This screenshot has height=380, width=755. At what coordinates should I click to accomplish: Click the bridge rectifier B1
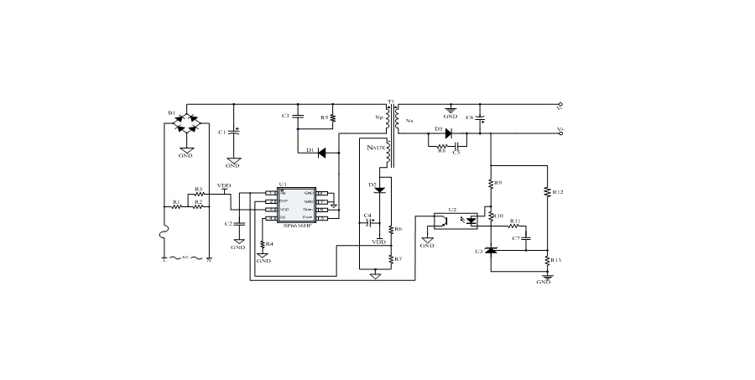pyautogui.click(x=186, y=123)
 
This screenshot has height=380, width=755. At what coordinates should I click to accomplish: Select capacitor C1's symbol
pyautogui.click(x=234, y=132)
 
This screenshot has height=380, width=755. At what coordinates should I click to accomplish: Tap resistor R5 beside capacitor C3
pyautogui.click(x=334, y=117)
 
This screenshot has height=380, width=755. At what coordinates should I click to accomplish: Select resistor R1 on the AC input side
pyautogui.click(x=177, y=206)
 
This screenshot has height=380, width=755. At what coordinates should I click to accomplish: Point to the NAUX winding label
pyautogui.click(x=377, y=147)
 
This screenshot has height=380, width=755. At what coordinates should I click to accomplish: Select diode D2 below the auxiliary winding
pyautogui.click(x=379, y=190)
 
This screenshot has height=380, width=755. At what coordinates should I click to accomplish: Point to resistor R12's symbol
pyautogui.click(x=547, y=192)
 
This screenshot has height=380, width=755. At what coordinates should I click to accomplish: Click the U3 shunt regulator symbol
pyautogui.click(x=491, y=250)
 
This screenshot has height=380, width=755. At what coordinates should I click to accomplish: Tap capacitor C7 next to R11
pyautogui.click(x=527, y=239)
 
